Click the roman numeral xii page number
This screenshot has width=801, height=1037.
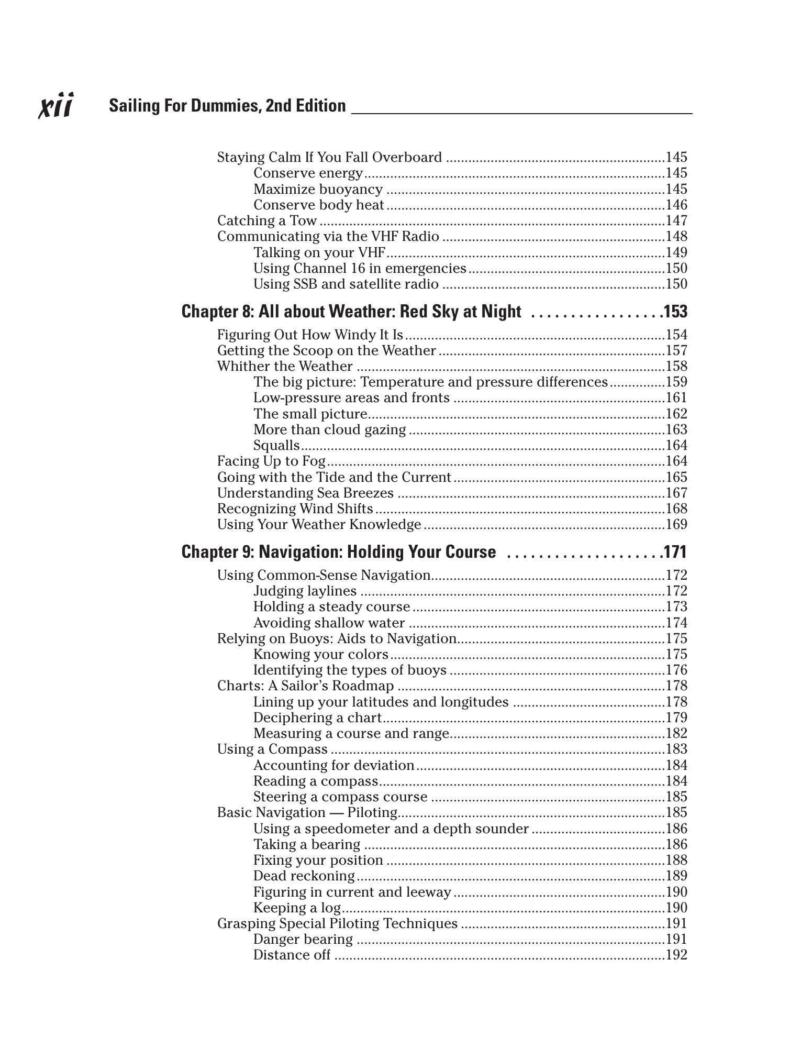click(x=56, y=105)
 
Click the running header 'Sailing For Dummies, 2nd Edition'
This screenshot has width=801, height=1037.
click(x=227, y=106)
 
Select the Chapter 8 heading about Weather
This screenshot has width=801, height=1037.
click(x=351, y=312)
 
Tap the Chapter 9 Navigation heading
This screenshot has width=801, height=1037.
click(x=338, y=552)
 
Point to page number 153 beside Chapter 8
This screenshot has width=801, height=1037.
click(x=675, y=312)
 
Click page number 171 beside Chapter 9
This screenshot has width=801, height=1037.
click(x=675, y=552)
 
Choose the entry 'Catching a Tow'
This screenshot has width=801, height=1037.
click(x=267, y=220)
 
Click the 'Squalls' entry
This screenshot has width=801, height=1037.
click(x=276, y=445)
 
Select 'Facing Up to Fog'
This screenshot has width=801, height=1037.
click(x=271, y=461)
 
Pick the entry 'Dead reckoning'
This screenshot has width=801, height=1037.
click(x=304, y=876)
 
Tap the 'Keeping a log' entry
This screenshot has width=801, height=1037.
click(x=297, y=908)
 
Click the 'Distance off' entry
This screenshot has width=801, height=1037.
click(x=292, y=955)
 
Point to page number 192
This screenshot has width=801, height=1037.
click(x=676, y=955)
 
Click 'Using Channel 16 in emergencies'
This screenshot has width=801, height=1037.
click(x=360, y=268)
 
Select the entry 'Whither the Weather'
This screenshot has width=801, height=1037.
click(x=285, y=366)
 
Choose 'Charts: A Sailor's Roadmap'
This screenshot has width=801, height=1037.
click(x=305, y=686)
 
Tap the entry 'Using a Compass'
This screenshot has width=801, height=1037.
click(x=272, y=749)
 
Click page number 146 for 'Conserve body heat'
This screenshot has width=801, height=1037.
click(x=676, y=205)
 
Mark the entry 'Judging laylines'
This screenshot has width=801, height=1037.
click(x=305, y=591)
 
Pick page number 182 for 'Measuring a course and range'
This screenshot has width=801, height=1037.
click(x=676, y=733)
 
